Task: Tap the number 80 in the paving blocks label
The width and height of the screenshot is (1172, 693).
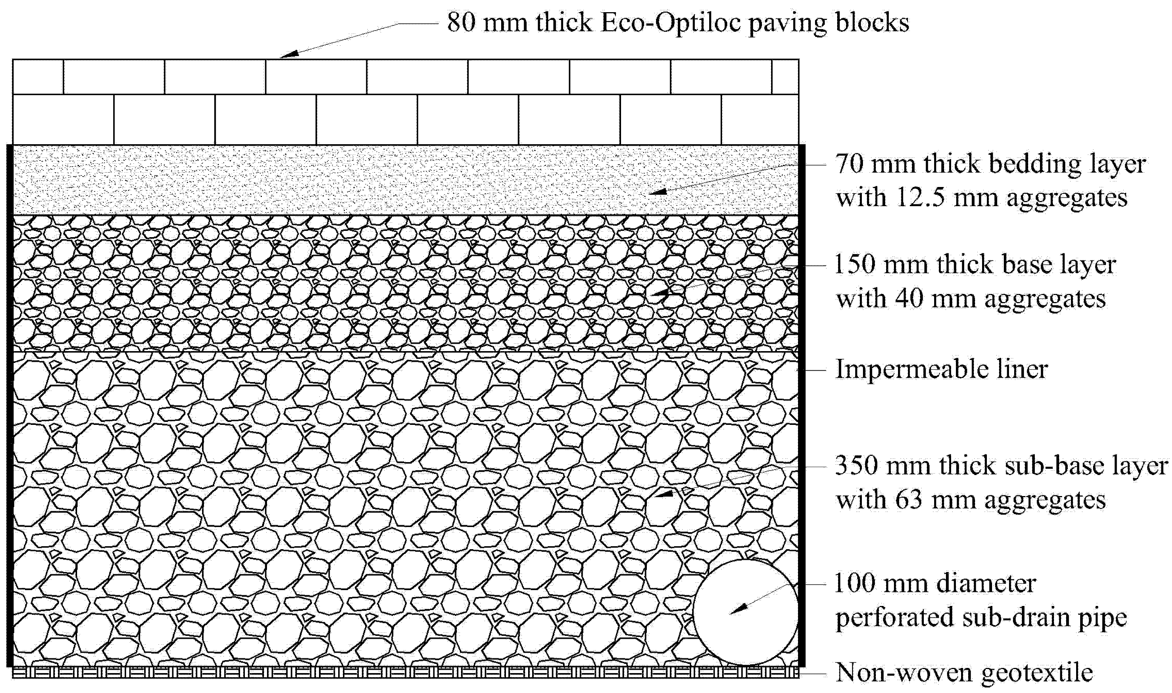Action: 461,22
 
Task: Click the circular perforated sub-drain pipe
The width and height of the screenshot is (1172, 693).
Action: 745,612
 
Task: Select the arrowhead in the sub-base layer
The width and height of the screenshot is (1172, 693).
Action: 663,493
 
